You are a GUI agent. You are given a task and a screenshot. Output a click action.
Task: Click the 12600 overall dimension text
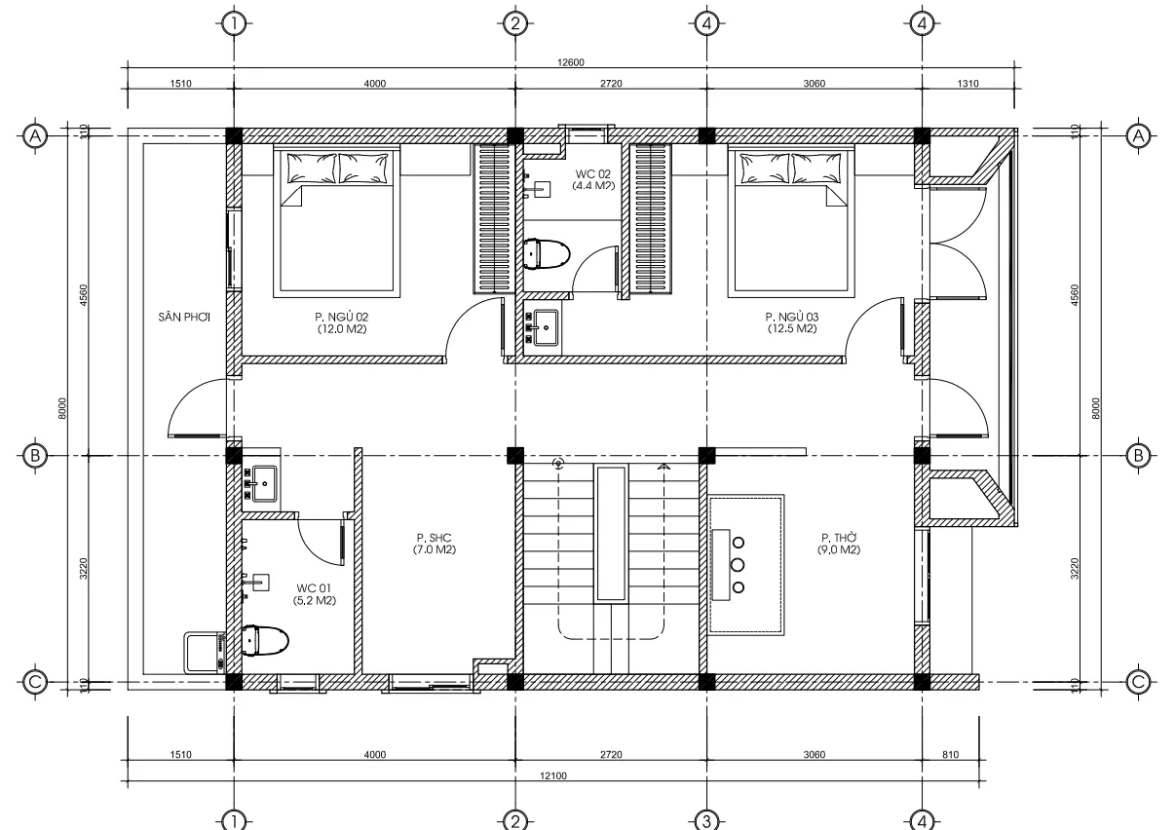click(569, 62)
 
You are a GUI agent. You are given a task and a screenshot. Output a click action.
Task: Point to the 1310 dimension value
click(967, 84)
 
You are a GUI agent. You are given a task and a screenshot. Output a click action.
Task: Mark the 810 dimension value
click(951, 754)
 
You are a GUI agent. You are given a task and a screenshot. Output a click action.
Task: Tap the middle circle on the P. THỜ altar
click(738, 564)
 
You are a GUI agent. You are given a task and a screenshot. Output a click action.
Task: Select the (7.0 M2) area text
click(436, 550)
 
